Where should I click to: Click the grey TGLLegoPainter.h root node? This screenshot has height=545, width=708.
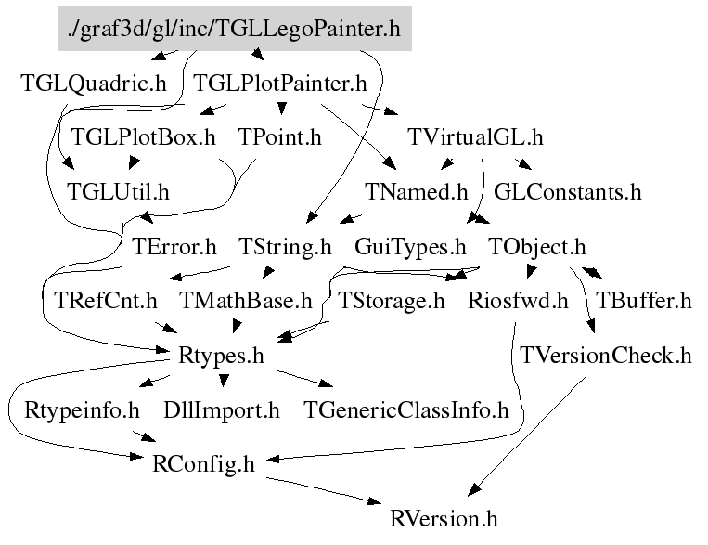tap(234, 30)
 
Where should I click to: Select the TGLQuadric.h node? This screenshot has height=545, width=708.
tap(94, 84)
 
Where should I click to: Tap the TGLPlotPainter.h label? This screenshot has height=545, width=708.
tap(280, 84)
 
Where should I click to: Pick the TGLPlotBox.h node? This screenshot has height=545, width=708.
tap(143, 138)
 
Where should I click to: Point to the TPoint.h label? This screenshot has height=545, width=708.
tap(279, 138)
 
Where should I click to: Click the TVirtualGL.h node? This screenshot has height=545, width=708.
tap(475, 138)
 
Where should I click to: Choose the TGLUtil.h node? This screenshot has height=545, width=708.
tap(118, 192)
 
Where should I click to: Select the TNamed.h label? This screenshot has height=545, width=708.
tap(417, 192)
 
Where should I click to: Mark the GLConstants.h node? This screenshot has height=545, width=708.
tap(568, 192)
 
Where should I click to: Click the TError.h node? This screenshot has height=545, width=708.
tap(174, 247)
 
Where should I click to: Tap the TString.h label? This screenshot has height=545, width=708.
tap(285, 247)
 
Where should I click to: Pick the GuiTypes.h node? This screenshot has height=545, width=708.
tap(410, 247)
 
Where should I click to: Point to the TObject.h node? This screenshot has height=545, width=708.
tap(537, 247)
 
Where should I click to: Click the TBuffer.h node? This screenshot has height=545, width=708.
tap(643, 301)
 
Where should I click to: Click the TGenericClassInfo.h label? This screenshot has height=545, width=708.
tap(406, 409)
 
